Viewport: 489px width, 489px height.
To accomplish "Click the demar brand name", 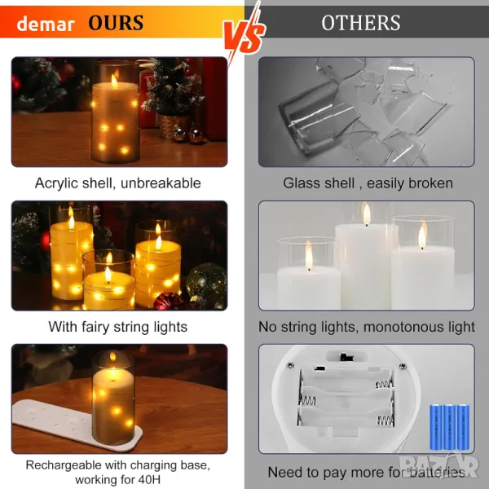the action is point(46,24).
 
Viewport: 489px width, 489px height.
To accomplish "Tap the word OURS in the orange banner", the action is point(116,23).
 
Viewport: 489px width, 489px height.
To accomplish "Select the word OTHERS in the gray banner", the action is point(361,23).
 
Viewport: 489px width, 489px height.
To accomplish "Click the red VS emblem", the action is point(244,33).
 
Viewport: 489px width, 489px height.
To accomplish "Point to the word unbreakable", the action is point(161,183).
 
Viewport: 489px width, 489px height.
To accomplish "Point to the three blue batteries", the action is point(449,427).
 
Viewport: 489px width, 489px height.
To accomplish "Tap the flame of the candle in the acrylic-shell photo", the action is point(115,81).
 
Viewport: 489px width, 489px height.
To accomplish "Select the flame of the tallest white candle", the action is point(367,214).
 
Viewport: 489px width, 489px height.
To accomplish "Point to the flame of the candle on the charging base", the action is point(113,356).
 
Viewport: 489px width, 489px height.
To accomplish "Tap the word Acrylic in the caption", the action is point(56,183).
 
